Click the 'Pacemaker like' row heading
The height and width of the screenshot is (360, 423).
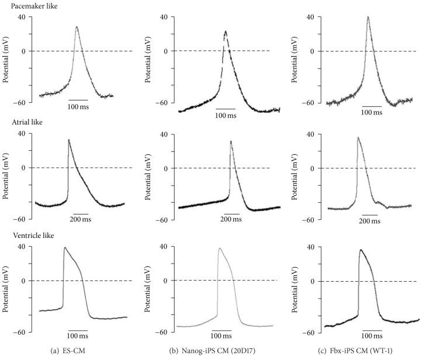tap(25, 5)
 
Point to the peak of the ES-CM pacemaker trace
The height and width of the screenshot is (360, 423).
tap(77, 26)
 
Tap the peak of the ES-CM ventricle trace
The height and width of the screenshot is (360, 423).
tap(64, 247)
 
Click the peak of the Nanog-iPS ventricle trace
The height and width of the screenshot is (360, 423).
tap(220, 248)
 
